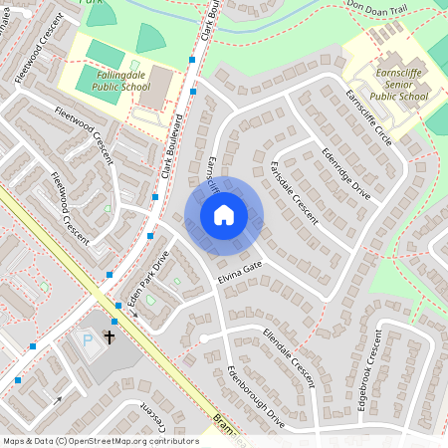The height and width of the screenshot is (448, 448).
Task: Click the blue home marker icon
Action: [224, 214]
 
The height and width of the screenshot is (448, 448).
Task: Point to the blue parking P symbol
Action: [87, 340]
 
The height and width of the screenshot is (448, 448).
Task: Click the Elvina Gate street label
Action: [239, 273]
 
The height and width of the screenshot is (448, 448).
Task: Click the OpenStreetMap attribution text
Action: [101, 440]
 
